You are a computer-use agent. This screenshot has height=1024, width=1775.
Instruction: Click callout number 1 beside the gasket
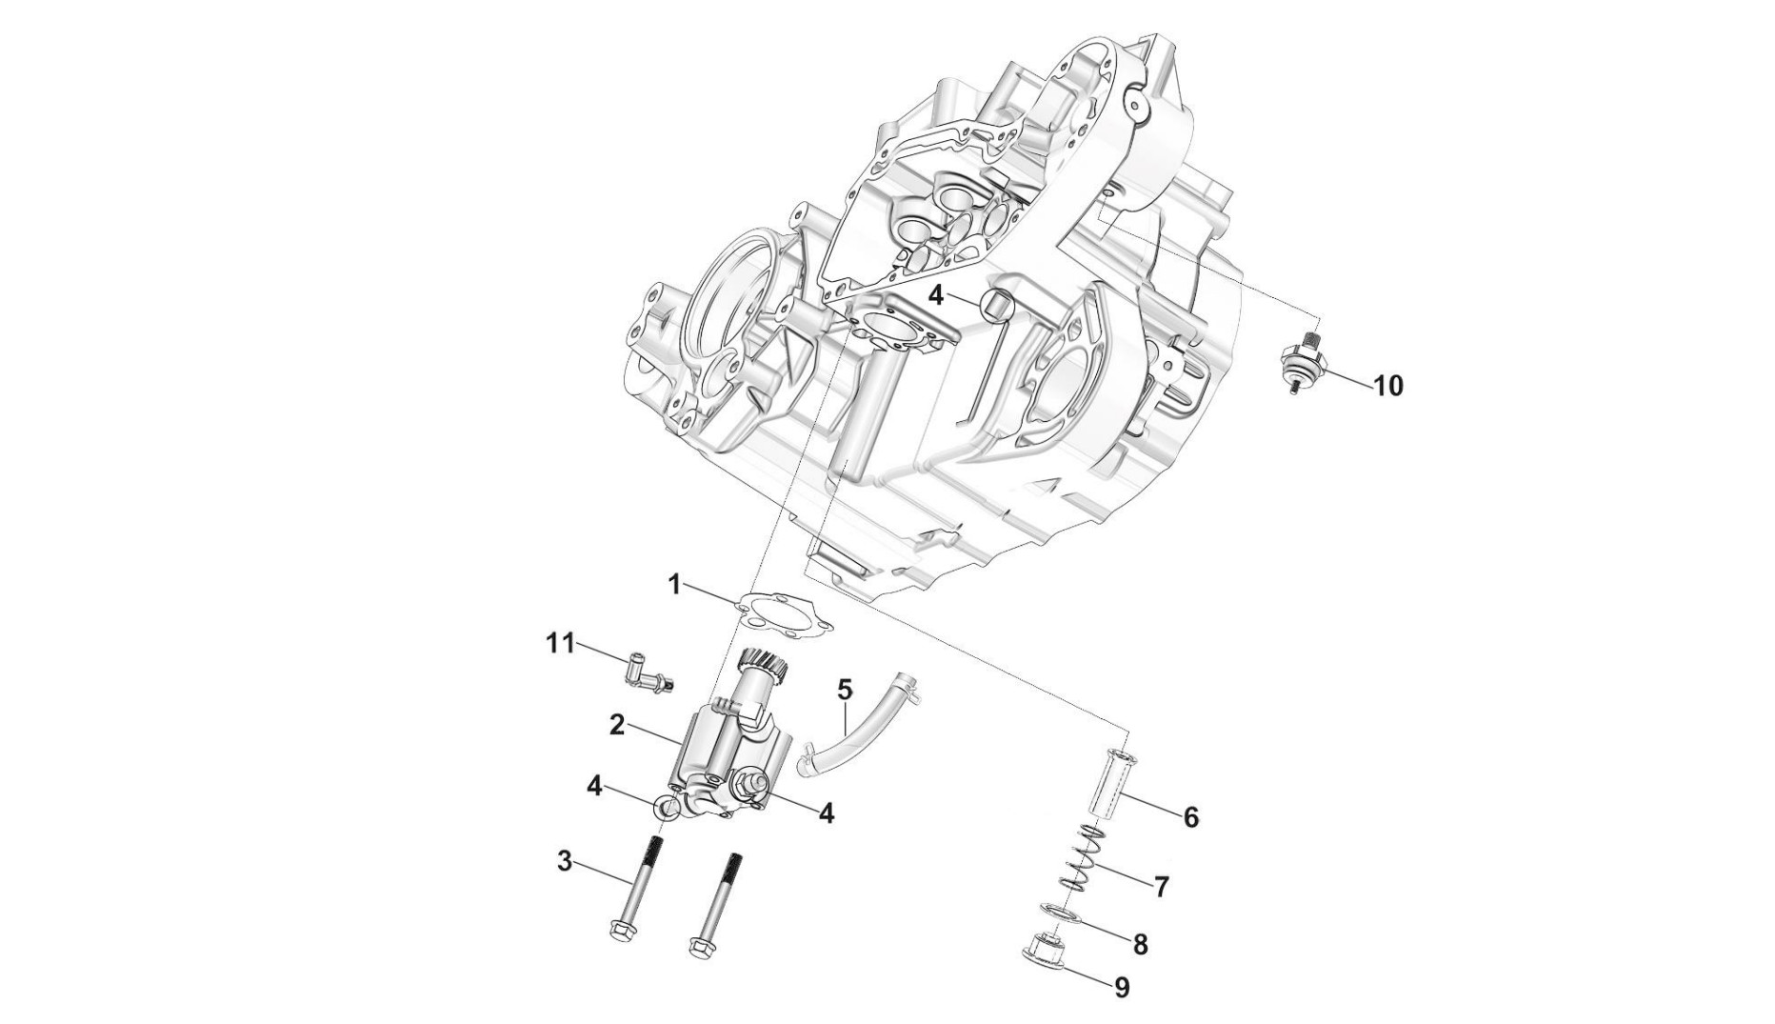[x=674, y=584]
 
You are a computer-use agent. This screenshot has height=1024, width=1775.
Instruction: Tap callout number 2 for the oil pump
[x=617, y=725]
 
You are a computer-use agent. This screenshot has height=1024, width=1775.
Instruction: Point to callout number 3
[x=565, y=862]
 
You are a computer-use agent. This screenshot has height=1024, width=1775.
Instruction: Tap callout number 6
[x=1190, y=816]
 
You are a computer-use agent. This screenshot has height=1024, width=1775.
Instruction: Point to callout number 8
[x=1140, y=944]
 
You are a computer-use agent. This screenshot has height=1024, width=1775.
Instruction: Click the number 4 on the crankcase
[x=936, y=295]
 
